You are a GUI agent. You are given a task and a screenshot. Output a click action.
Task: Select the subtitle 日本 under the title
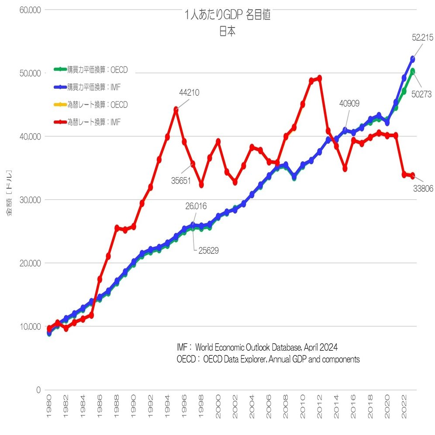tap(228, 32)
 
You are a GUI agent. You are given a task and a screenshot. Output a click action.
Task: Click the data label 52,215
tap(422, 38)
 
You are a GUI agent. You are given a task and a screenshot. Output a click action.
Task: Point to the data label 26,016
tap(195, 206)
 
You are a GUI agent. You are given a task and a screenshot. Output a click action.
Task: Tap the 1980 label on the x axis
tap(49, 406)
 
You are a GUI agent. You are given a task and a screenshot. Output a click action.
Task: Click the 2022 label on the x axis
tap(404, 406)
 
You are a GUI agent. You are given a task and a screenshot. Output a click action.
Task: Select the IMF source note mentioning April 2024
tap(257, 348)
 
